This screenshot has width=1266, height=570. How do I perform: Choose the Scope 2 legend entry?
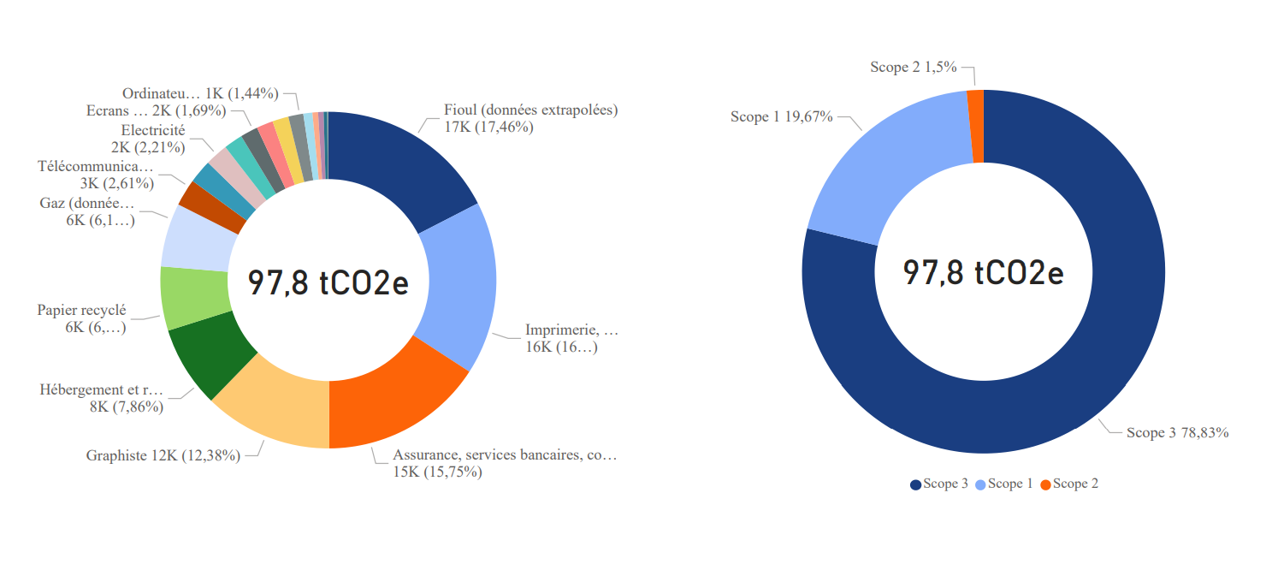(x=1069, y=484)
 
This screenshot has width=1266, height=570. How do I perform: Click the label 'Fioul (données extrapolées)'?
(x=530, y=110)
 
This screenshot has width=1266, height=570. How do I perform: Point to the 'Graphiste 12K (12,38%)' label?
(x=163, y=455)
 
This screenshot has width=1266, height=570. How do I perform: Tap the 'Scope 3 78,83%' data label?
(x=1177, y=433)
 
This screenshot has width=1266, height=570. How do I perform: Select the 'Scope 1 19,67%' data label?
(x=781, y=116)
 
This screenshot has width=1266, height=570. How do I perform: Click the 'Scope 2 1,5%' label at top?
(x=913, y=67)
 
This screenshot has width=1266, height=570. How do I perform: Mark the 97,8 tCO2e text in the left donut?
(x=328, y=282)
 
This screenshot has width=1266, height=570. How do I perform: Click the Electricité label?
(x=153, y=131)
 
